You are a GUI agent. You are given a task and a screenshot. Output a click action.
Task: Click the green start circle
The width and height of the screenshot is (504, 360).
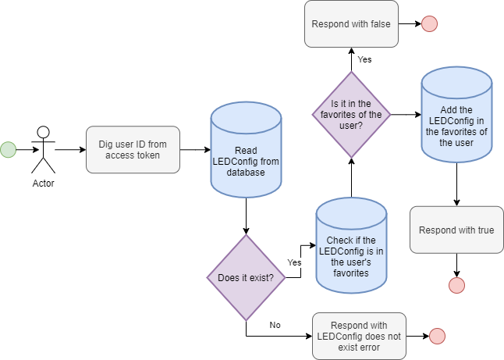click(8, 150)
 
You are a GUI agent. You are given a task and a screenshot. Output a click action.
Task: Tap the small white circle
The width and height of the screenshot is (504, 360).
click(44, 132)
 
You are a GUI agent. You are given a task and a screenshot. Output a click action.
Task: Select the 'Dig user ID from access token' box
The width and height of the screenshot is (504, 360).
click(133, 150)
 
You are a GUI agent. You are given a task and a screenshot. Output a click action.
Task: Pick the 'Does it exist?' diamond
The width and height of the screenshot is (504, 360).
click(246, 277)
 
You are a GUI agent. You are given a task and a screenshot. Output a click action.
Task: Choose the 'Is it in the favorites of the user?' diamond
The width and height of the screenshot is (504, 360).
click(351, 113)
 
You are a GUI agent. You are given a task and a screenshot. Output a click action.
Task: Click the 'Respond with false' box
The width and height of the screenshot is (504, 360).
click(351, 23)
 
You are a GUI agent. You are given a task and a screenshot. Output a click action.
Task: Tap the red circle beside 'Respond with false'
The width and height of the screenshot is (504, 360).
click(429, 24)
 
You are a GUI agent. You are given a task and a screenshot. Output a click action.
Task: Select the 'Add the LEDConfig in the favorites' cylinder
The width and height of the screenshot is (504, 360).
click(457, 115)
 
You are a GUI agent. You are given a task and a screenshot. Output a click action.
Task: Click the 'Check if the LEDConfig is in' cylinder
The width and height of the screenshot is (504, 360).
click(351, 248)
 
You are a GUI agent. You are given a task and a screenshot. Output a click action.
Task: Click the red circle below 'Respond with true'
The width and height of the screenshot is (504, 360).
click(456, 285)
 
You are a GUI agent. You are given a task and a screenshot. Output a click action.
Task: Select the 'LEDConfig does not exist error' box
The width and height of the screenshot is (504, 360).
click(359, 336)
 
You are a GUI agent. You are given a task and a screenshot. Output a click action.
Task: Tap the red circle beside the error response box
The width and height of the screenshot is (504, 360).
click(437, 336)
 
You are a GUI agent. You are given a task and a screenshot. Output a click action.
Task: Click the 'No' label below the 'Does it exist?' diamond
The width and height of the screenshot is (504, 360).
click(275, 324)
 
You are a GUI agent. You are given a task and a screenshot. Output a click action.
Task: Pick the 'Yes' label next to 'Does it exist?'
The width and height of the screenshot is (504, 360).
click(294, 263)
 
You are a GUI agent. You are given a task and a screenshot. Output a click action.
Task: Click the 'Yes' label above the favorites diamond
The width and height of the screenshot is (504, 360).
click(364, 59)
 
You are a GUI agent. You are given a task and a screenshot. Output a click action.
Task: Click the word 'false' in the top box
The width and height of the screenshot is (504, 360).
click(379, 23)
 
